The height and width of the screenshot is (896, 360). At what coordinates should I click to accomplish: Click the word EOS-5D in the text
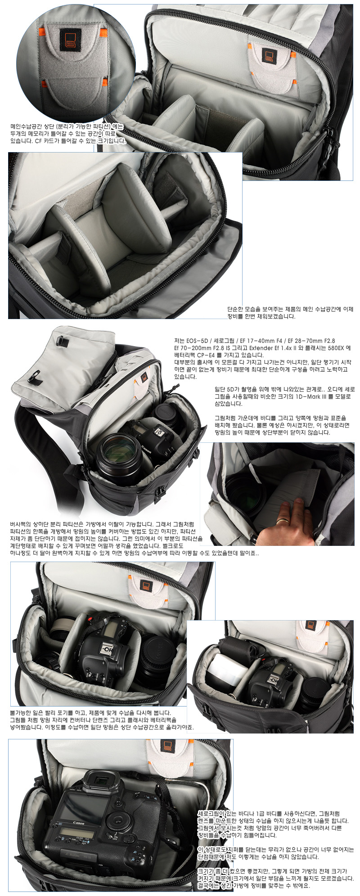coord(198,341)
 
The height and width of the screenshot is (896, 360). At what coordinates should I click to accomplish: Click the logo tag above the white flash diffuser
coord(310,626)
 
